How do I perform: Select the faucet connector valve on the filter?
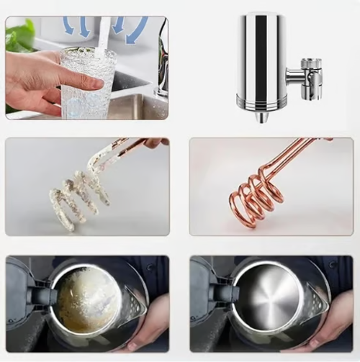click(308, 74)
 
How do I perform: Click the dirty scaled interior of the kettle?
click(86, 299)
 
